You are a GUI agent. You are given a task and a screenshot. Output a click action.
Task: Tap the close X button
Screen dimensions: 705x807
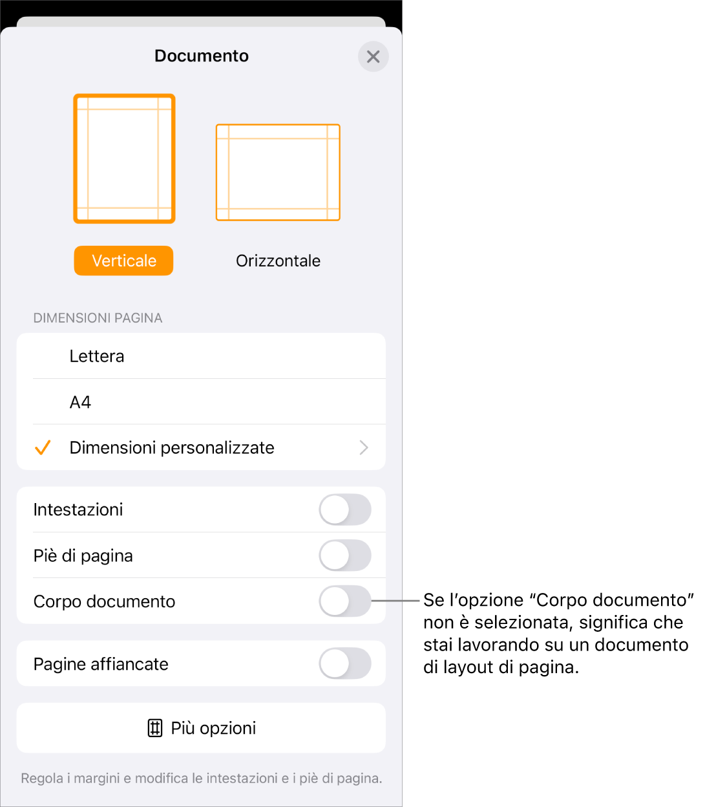(x=373, y=56)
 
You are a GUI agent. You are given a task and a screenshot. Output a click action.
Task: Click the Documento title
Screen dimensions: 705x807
(x=202, y=56)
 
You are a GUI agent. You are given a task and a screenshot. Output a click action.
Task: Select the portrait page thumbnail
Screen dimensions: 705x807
(x=124, y=158)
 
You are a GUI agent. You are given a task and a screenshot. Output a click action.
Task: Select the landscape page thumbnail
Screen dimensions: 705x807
(x=278, y=173)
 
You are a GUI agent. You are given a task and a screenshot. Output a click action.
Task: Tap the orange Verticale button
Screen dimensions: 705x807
(x=123, y=261)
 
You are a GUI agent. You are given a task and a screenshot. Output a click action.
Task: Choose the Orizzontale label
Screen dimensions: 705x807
(x=278, y=261)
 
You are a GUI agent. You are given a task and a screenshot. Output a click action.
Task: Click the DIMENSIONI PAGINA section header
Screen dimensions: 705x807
(x=98, y=318)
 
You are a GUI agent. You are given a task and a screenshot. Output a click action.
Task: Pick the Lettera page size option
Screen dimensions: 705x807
(x=97, y=356)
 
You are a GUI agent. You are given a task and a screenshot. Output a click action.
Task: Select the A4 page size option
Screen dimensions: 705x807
(x=80, y=402)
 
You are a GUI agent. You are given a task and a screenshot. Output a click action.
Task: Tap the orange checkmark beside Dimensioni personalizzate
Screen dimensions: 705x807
(x=43, y=447)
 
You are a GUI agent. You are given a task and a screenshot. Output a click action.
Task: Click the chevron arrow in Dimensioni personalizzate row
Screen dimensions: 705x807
(x=364, y=447)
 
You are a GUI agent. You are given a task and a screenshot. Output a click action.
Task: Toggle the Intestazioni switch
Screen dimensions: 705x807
(x=345, y=510)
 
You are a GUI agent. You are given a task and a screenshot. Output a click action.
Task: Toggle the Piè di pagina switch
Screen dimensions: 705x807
(x=345, y=555)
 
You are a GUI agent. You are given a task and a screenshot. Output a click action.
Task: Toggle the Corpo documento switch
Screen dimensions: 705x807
(x=345, y=601)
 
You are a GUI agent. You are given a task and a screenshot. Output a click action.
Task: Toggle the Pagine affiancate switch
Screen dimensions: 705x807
(x=345, y=663)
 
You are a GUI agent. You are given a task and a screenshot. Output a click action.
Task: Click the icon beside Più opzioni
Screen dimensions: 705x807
(x=155, y=728)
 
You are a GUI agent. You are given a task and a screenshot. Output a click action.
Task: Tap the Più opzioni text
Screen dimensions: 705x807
(x=213, y=728)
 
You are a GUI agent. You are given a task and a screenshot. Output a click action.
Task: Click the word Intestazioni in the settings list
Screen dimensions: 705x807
(x=78, y=510)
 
